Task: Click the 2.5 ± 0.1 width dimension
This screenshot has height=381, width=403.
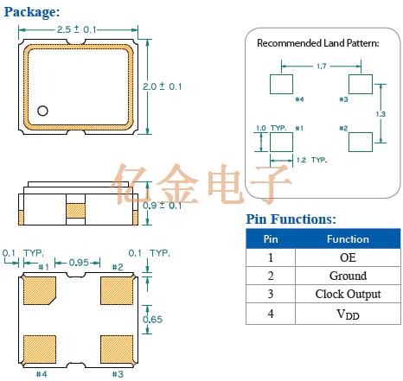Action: click(76, 29)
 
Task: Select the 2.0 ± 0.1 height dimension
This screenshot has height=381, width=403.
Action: click(163, 86)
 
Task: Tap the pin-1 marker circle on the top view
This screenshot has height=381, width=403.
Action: click(42, 111)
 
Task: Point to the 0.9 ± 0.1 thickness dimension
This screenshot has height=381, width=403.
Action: click(162, 206)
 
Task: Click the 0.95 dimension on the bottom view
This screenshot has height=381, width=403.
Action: click(79, 263)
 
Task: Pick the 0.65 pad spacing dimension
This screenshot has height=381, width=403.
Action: click(152, 320)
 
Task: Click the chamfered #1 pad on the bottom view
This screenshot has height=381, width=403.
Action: click(40, 290)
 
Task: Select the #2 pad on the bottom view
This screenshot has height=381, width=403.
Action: click(117, 290)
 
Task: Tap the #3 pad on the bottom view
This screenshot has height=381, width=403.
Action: click(117, 349)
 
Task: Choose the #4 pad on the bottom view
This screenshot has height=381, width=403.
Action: click(40, 349)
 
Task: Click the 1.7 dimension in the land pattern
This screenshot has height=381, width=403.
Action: click(322, 67)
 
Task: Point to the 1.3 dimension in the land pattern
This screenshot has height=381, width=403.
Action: click(381, 114)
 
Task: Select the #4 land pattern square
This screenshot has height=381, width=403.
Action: click(281, 84)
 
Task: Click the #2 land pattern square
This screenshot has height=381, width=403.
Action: click(361, 142)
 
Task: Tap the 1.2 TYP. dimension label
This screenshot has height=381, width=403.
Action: click(312, 160)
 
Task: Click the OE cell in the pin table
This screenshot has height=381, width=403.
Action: click(348, 257)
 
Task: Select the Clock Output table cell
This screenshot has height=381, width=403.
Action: click(348, 294)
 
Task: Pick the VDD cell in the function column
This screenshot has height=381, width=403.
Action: click(348, 314)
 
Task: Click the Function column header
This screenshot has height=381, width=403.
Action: click(348, 239)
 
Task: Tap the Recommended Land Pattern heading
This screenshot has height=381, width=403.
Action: click(318, 43)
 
